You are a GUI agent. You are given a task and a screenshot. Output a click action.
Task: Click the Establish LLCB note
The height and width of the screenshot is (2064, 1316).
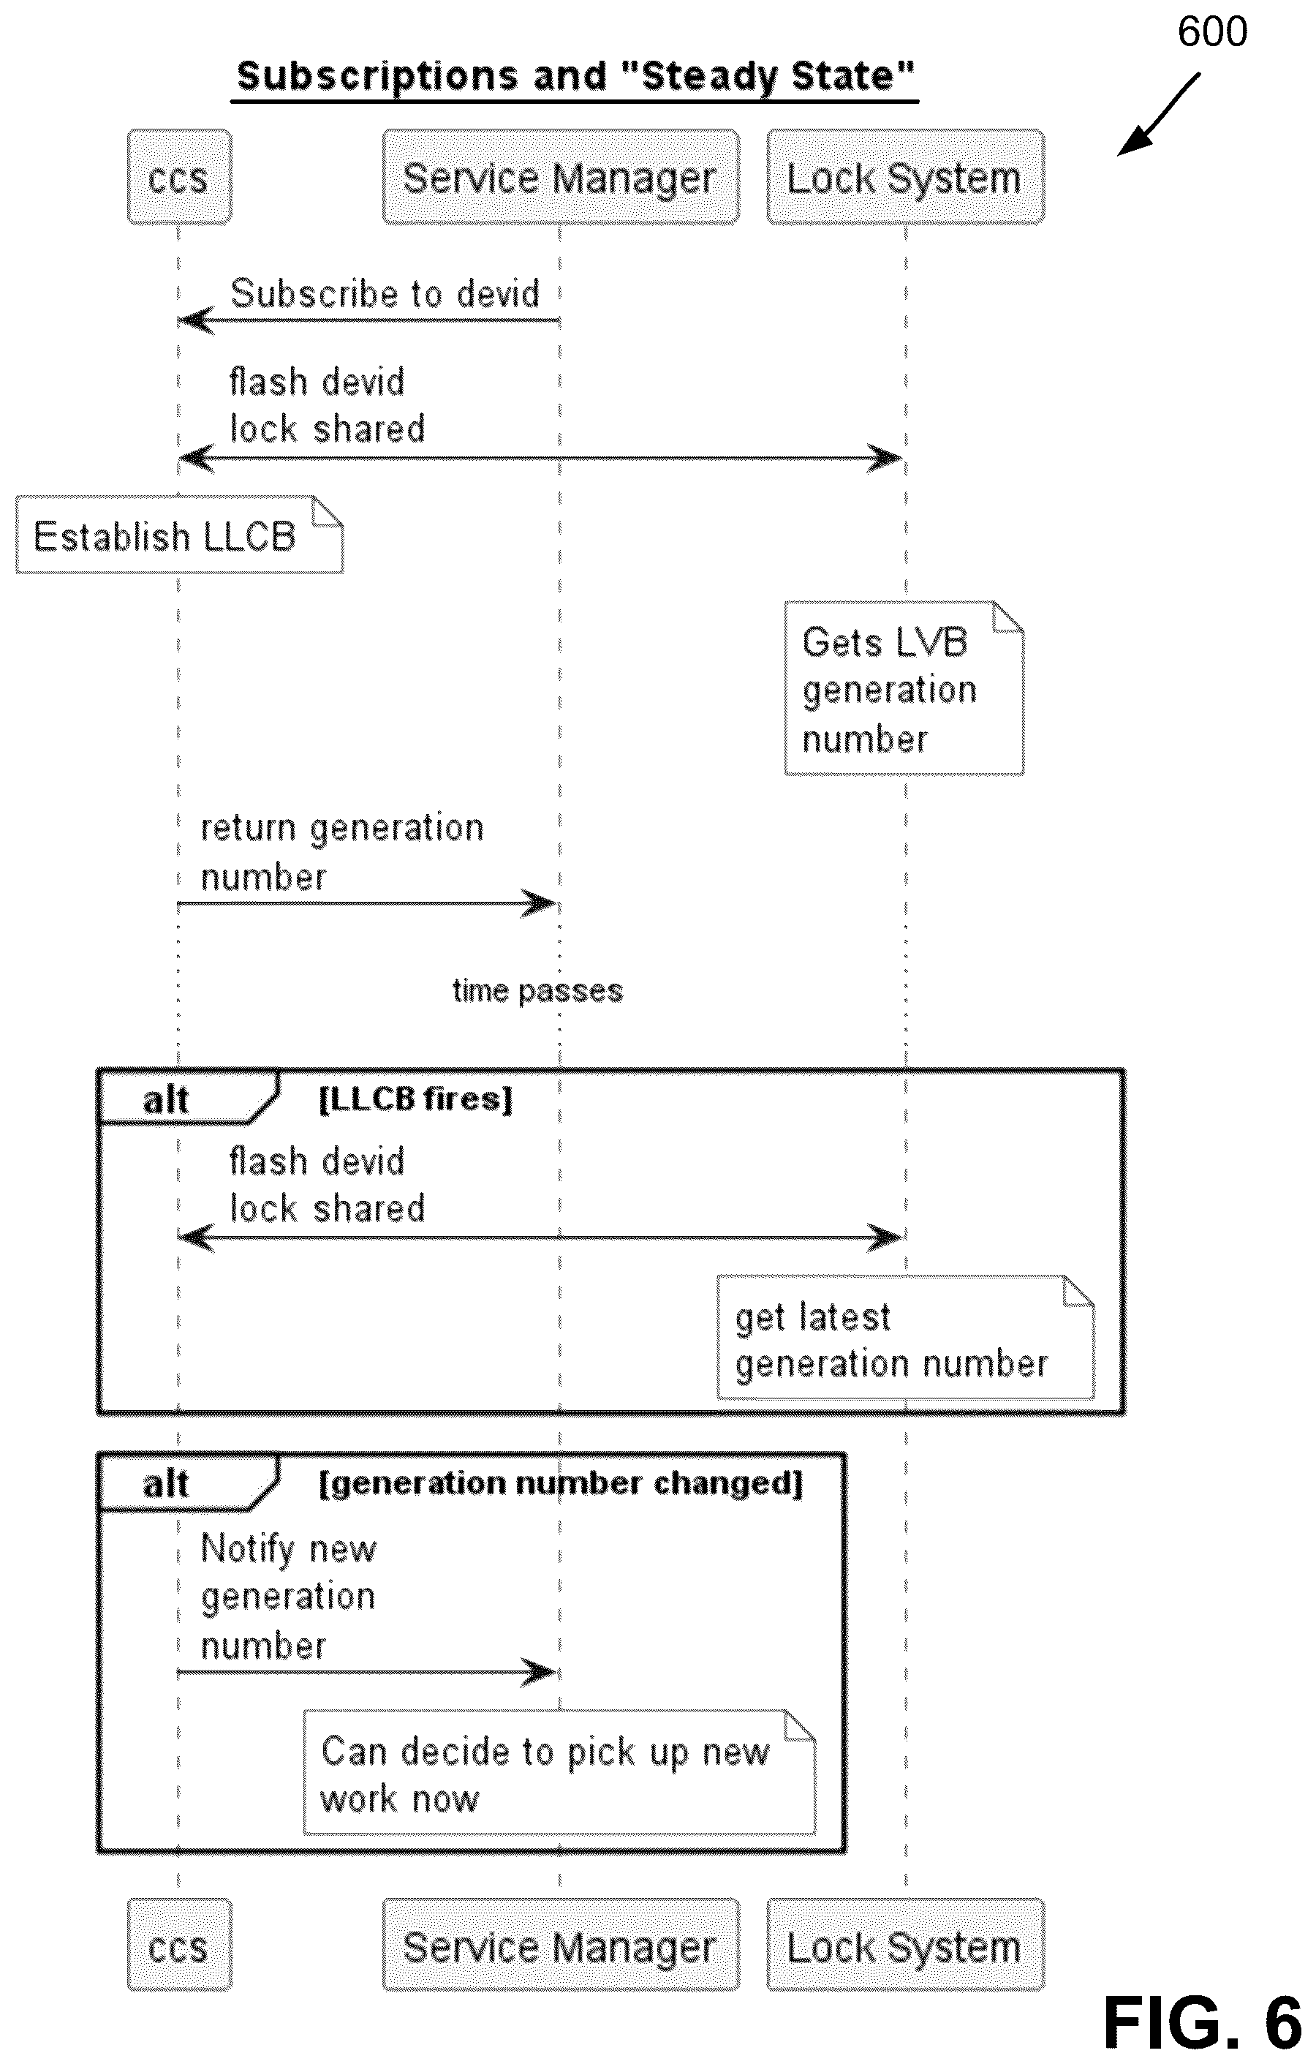click(x=179, y=535)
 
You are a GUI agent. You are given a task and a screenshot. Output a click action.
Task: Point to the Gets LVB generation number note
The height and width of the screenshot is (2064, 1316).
click(x=904, y=688)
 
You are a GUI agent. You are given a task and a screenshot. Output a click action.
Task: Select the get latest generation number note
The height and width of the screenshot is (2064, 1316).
click(x=906, y=1338)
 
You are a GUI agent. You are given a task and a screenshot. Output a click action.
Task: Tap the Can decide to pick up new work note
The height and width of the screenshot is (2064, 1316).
click(x=559, y=1774)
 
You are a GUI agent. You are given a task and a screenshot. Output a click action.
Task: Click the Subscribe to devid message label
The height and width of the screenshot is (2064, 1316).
click(x=385, y=293)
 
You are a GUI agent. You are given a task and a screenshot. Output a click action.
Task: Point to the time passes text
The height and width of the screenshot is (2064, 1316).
click(x=537, y=991)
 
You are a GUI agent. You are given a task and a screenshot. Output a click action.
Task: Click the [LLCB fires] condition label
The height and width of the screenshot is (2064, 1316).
click(x=415, y=1099)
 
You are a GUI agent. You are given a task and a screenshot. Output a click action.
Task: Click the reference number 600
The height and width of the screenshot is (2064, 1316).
click(x=1211, y=31)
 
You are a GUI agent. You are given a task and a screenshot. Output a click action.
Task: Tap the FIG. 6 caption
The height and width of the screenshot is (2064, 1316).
click(x=1202, y=2023)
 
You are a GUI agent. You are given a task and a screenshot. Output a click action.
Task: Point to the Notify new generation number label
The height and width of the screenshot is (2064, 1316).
click(x=289, y=1597)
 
